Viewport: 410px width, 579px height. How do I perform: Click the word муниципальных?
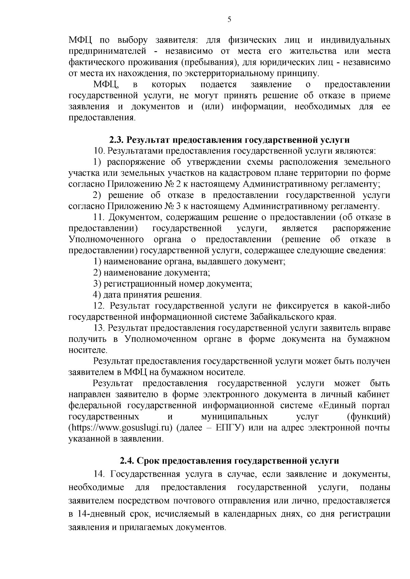click(x=234, y=417)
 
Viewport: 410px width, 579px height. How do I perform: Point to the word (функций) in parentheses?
click(x=368, y=417)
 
